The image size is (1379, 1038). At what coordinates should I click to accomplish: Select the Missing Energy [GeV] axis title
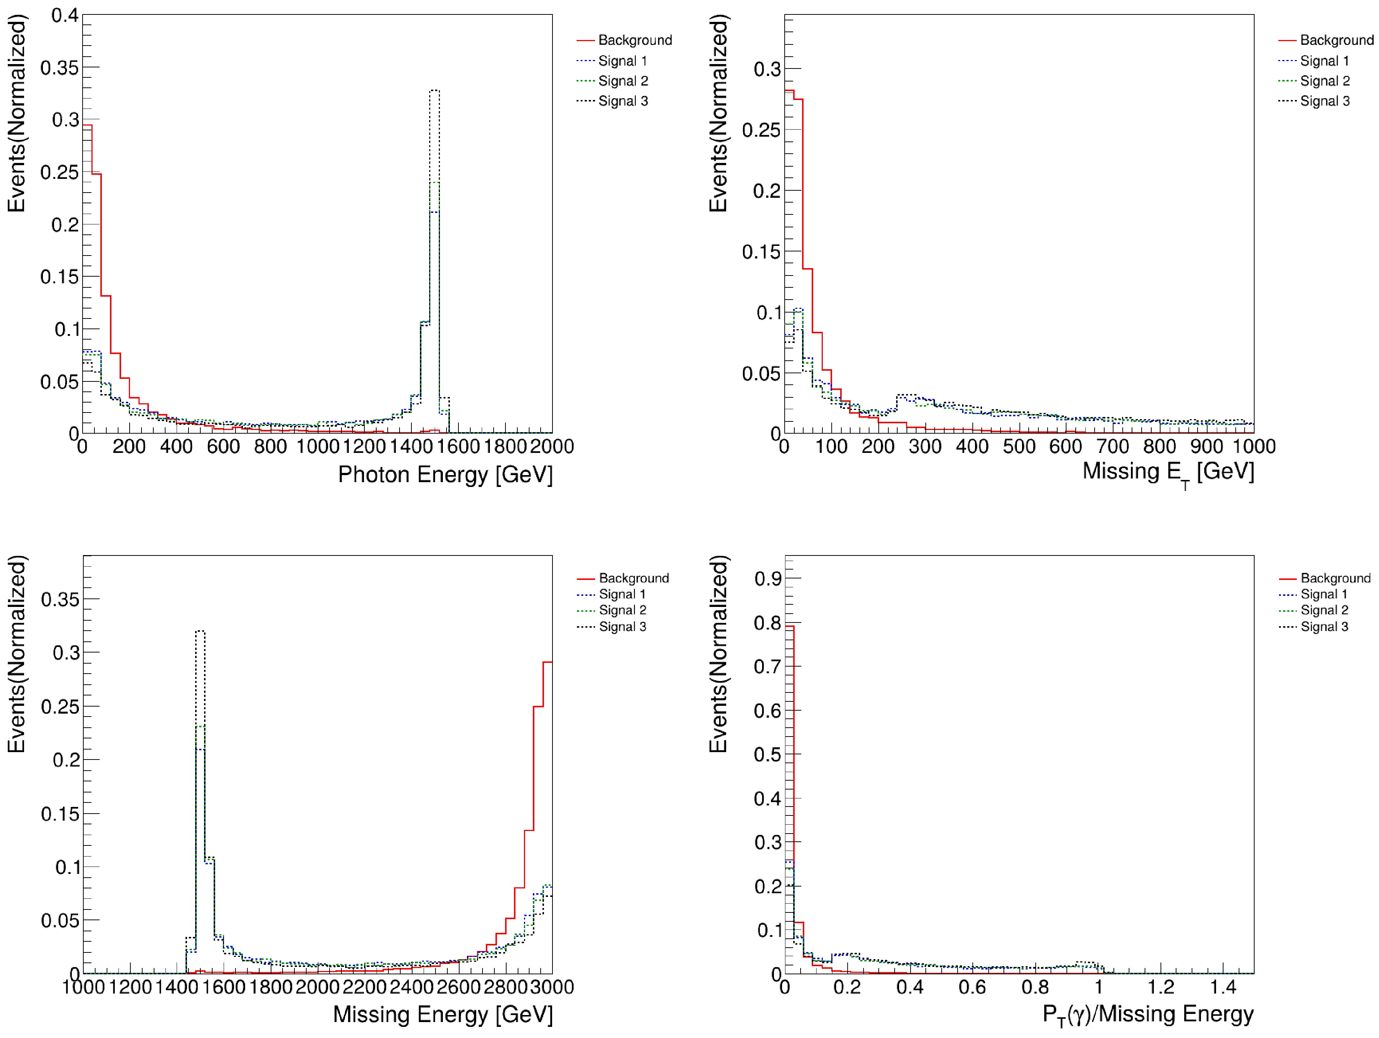click(x=442, y=1014)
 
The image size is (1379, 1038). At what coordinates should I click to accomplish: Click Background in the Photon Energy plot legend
click(x=635, y=40)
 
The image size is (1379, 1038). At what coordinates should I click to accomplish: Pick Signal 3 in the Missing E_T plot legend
click(x=1325, y=101)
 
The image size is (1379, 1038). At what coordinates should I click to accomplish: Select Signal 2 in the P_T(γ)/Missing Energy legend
click(x=1324, y=610)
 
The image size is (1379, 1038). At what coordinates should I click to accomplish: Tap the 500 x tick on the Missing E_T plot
click(x=1019, y=446)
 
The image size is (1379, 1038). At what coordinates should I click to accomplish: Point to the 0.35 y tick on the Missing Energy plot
click(x=60, y=600)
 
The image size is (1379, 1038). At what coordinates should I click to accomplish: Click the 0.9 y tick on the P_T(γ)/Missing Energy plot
click(x=767, y=578)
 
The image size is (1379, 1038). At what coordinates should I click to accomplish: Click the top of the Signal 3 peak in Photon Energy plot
click(x=434, y=91)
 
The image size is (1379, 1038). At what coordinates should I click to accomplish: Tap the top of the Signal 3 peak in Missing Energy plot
click(x=200, y=631)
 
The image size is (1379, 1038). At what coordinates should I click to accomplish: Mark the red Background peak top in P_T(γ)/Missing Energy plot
click(x=789, y=626)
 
